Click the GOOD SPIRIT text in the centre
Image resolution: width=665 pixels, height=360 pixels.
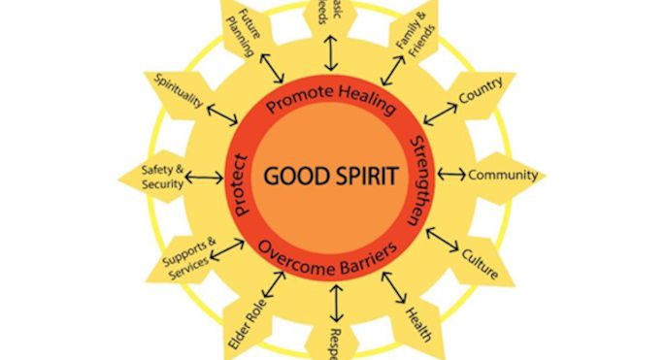coord(330,179)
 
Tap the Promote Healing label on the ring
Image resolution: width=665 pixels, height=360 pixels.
coord(330,102)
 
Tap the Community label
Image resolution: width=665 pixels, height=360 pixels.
coord(502,176)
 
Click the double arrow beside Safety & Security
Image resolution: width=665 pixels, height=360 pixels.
coord(204,177)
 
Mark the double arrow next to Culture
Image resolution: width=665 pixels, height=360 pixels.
coord(443,239)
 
